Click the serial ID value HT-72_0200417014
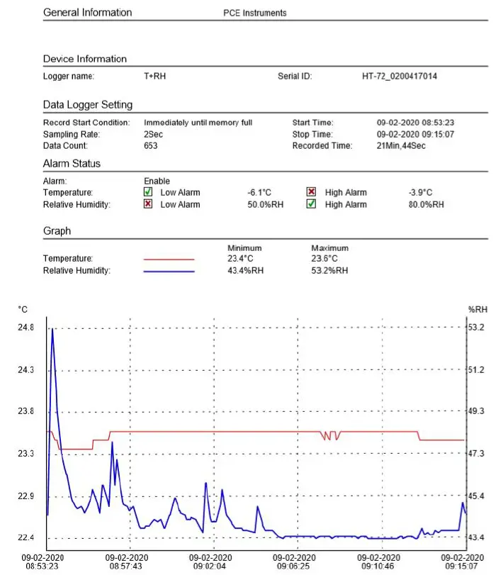[400, 76]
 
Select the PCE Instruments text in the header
[254, 13]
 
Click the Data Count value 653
[150, 146]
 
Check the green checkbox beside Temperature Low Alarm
[148, 192]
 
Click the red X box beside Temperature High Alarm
[311, 192]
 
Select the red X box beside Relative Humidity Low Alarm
[148, 204]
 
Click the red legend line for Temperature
[169, 259]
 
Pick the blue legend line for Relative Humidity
[169, 271]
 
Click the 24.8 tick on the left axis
[26, 328]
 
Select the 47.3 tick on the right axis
[476, 453]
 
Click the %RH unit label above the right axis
[477, 309]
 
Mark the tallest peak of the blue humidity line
[52, 330]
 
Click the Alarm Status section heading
[72, 164]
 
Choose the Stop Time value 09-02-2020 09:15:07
[414, 134]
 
